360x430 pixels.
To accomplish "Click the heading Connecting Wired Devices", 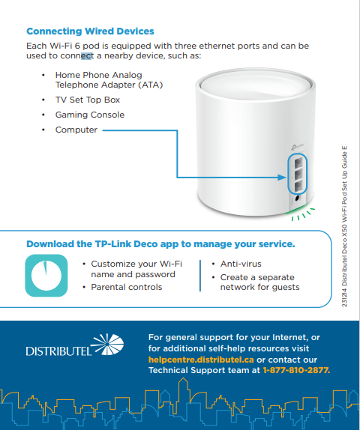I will point(90,31).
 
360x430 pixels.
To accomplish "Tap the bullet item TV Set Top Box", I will point(88,100).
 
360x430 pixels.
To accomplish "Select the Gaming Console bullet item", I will point(89,115).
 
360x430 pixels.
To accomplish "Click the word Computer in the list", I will point(76,130).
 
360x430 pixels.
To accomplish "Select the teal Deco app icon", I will point(45,275).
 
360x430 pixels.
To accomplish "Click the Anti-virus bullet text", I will point(241,264).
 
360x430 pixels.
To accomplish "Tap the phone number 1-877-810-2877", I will point(296,370).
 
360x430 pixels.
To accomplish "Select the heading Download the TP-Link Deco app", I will point(160,244).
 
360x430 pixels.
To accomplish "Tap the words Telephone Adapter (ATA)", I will point(109,85).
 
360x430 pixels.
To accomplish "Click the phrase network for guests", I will point(259,287).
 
